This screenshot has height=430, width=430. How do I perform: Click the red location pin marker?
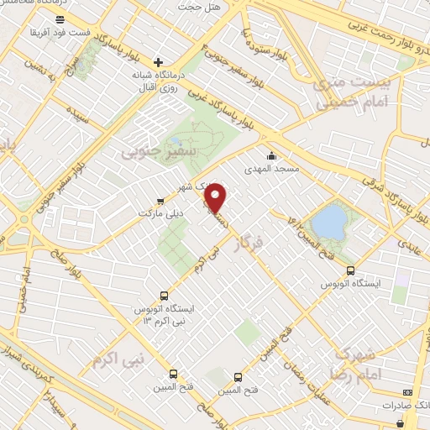(217, 197)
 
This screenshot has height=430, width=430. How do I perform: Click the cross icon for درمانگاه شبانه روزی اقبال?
(159, 62)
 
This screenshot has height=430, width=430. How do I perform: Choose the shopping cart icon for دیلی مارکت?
(160, 201)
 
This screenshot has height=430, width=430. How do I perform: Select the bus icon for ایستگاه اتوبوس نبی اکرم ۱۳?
(164, 296)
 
